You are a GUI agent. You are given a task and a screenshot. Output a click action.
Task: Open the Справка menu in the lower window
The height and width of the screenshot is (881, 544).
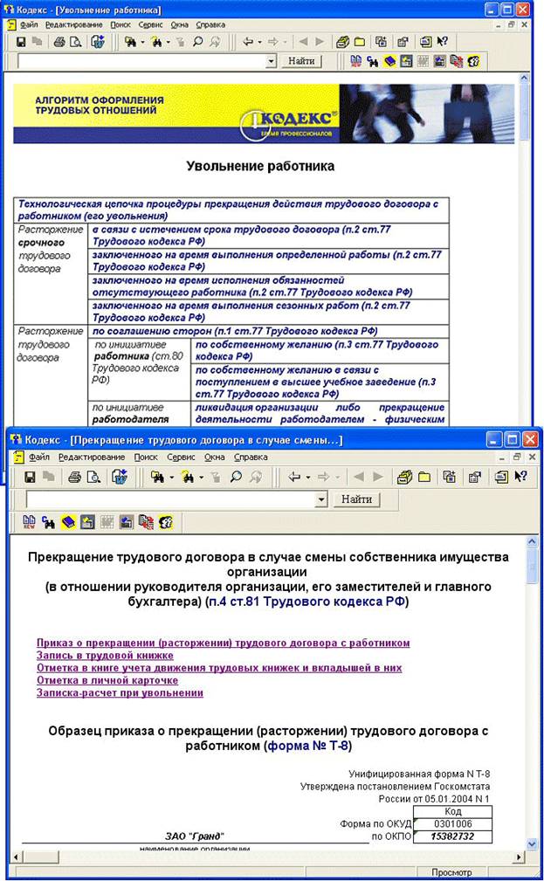click(x=251, y=457)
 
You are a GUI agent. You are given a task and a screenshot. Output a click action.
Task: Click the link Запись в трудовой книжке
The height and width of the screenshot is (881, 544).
click(x=105, y=655)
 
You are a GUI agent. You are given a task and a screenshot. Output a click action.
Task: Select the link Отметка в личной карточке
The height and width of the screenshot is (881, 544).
click(x=107, y=679)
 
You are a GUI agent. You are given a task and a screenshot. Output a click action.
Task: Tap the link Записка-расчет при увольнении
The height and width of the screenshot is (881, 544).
click(x=120, y=692)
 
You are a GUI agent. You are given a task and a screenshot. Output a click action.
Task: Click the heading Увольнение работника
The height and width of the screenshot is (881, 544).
click(x=260, y=165)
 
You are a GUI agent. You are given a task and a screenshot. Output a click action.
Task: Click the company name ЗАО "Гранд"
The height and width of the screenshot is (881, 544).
click(x=194, y=836)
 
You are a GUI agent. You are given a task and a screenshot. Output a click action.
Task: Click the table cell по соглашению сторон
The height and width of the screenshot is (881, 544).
click(x=234, y=331)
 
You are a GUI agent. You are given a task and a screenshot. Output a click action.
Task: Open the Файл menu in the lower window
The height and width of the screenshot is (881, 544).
click(x=39, y=457)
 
